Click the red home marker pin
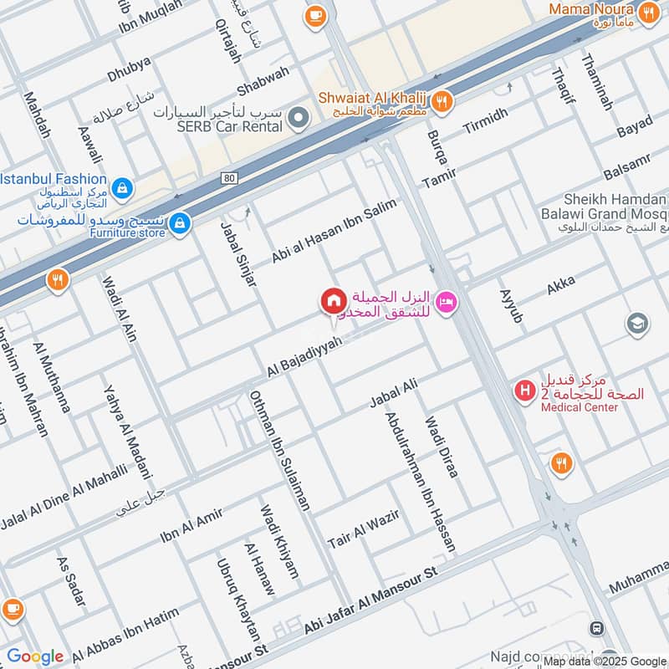(333, 300)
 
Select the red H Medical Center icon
(524, 389)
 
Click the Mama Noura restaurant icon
(646, 13)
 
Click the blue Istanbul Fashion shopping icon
(122, 186)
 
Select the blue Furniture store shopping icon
(180, 224)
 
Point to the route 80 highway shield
(230, 177)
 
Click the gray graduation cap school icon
(637, 324)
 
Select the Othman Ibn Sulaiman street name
(279, 450)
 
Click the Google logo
(35, 656)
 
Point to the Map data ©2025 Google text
(605, 661)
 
